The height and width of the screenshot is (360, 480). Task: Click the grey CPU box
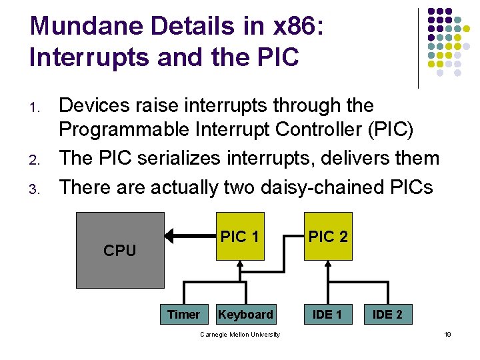(120, 250)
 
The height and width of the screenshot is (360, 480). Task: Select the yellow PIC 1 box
(239, 236)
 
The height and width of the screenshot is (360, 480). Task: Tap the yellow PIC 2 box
(327, 236)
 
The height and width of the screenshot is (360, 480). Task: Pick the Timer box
(183, 314)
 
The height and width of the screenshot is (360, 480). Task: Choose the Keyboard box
(245, 314)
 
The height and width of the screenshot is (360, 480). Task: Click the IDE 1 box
(327, 314)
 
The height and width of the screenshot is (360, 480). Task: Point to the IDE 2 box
(387, 314)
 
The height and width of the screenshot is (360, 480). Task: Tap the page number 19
(448, 334)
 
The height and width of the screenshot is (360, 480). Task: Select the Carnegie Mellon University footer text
(240, 334)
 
